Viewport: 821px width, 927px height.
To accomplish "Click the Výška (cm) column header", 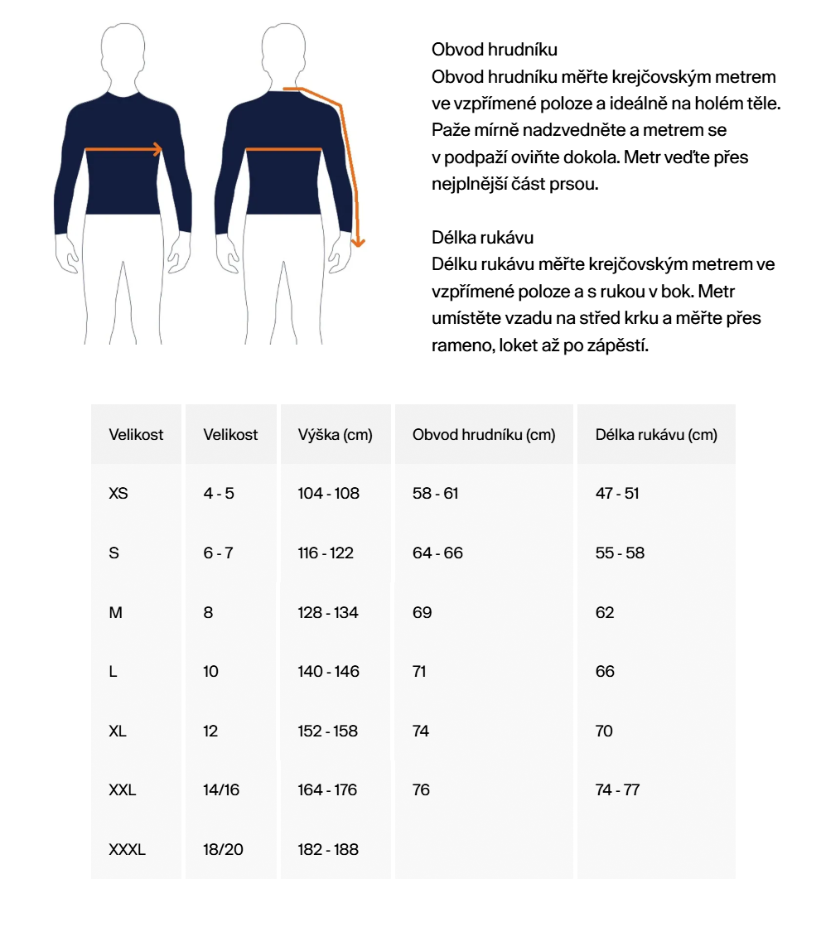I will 335,435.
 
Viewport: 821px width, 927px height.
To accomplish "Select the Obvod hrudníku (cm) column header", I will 484,435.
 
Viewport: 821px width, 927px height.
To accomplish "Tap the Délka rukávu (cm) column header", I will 656,435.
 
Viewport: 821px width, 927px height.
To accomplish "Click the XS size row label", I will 118,494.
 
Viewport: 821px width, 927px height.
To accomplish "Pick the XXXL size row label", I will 127,850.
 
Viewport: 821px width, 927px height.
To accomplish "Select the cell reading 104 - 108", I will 328,494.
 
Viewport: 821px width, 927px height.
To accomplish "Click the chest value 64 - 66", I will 437,553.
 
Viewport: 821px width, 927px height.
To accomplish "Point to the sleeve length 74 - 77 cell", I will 617,790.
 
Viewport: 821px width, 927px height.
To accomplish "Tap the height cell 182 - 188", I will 328,850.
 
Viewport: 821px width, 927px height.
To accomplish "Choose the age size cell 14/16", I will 221,790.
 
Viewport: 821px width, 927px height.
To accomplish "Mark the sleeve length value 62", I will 605,613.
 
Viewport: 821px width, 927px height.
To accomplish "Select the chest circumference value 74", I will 421,731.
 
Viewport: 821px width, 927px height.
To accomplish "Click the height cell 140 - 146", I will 328,672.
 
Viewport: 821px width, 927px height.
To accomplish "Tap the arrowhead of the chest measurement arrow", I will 157,150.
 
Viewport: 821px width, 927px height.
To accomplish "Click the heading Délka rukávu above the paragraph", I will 483,238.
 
